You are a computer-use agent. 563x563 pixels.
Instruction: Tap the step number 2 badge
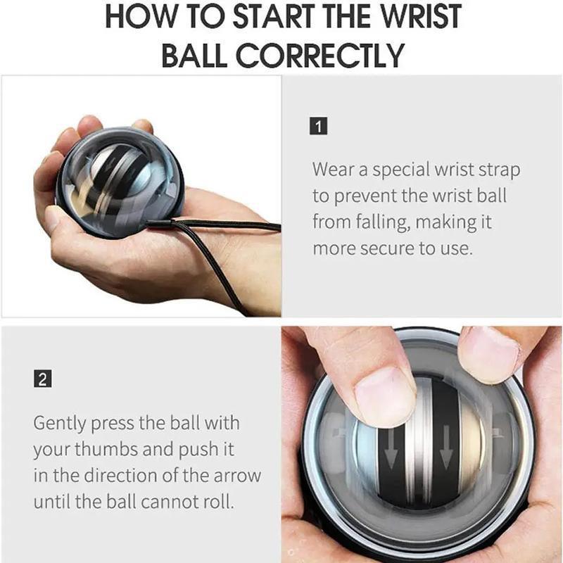pyautogui.click(x=42, y=379)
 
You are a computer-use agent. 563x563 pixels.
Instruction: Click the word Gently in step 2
pyautogui.click(x=61, y=424)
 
